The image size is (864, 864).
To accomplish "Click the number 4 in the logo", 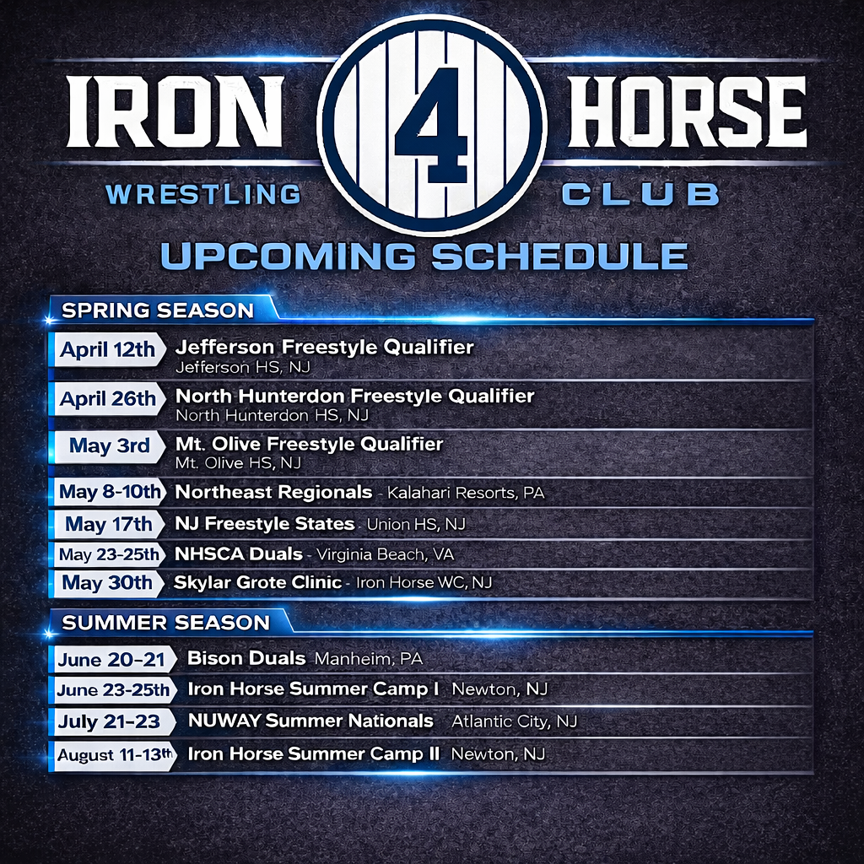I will [x=430, y=124].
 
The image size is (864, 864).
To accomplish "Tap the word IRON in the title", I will [x=174, y=112].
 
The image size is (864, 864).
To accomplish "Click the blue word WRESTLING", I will [x=203, y=195].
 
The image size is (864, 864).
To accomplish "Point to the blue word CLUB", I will [x=640, y=195].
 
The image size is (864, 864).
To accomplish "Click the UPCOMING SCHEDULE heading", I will [x=424, y=256].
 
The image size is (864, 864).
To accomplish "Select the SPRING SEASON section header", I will [x=158, y=310].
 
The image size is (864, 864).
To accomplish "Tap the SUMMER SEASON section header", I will [x=166, y=623].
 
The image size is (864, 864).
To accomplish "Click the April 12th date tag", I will [x=108, y=350].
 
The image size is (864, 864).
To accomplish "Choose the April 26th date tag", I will [x=108, y=398].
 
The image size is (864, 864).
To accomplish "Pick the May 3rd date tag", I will [x=110, y=445].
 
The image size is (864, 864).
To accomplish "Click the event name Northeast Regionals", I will [x=273, y=491].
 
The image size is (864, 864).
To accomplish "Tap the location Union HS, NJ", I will [x=416, y=525].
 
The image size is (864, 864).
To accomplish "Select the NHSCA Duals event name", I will [x=238, y=554].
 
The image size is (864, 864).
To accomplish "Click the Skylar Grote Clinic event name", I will [x=257, y=582].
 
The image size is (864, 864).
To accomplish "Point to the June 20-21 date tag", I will [x=112, y=660].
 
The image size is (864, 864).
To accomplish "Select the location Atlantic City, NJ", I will [x=514, y=721].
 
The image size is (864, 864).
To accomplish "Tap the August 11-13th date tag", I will [x=114, y=754].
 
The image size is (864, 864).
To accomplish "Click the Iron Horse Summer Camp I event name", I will [x=313, y=689].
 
